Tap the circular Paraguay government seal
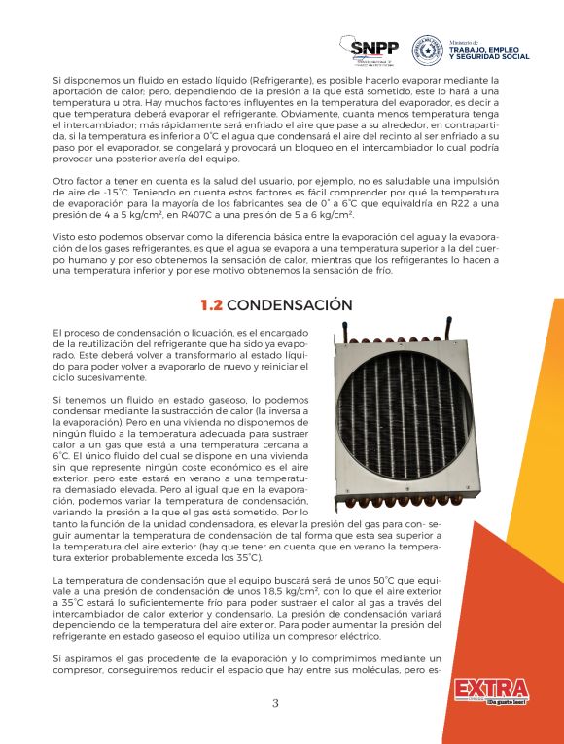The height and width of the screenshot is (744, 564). click(428, 49)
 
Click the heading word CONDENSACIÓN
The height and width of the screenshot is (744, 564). click(290, 305)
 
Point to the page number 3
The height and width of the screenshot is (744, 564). click(275, 704)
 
